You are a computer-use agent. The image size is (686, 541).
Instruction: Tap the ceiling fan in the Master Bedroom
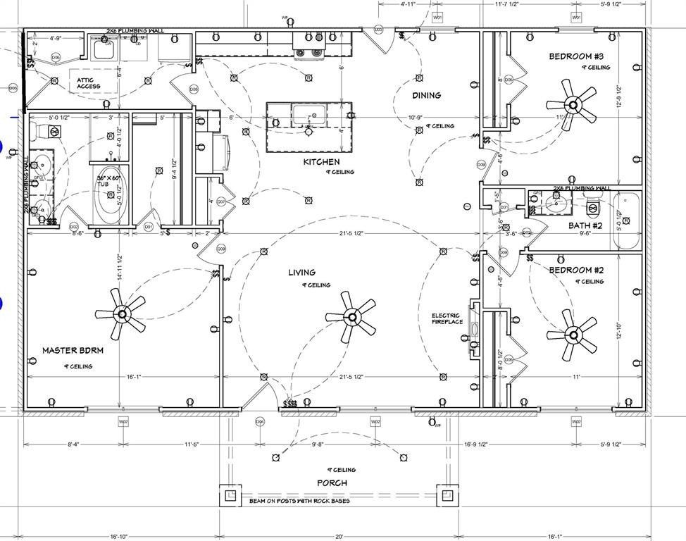pyautogui.click(x=122, y=313)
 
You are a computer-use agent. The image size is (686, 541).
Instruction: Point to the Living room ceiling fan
pyautogui.click(x=350, y=314)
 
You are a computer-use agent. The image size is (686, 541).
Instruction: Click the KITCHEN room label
pyautogui.click(x=321, y=162)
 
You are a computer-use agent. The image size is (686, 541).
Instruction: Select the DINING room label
pyautogui.click(x=426, y=95)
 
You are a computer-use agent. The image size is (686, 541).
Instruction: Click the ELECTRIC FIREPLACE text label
pyautogui.click(x=446, y=319)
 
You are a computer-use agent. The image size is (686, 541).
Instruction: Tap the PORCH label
pyautogui.click(x=332, y=483)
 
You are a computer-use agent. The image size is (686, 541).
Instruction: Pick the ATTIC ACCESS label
pyautogui.click(x=89, y=83)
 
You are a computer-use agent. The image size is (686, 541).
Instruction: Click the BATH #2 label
pyautogui.click(x=585, y=225)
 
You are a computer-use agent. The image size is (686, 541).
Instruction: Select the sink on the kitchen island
pyautogui.click(x=308, y=115)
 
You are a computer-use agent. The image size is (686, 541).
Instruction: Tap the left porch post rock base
pyautogui.click(x=230, y=495)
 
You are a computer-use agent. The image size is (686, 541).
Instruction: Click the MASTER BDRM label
pyautogui.click(x=73, y=350)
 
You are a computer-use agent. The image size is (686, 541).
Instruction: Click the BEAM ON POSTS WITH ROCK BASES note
pyautogui.click(x=299, y=502)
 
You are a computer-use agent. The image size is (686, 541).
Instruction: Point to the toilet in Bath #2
pyautogui.click(x=593, y=205)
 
